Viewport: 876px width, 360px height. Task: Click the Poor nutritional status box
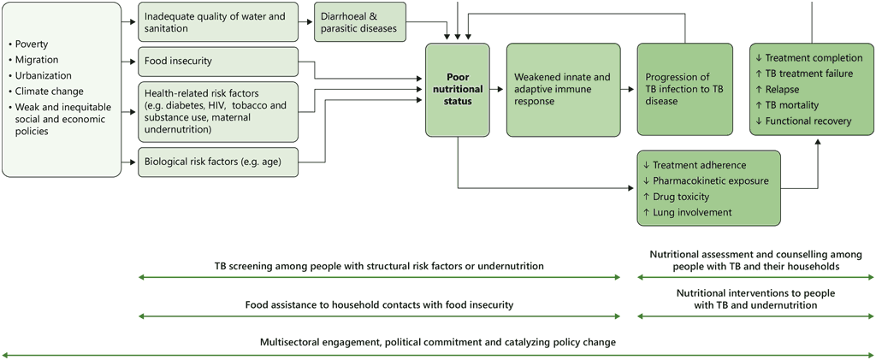pos(457,89)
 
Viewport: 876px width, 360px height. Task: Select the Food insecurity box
pos(217,62)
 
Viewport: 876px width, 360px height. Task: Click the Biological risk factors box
pos(217,161)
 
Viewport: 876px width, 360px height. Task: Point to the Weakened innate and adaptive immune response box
pos(562,89)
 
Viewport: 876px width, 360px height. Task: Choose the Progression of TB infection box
pos(684,89)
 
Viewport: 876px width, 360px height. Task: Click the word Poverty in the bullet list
pos(32,44)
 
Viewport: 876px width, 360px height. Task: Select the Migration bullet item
pos(37,60)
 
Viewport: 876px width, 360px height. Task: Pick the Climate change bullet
pos(49,91)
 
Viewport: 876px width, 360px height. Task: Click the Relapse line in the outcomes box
pos(783,89)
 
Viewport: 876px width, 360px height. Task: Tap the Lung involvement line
pos(688,212)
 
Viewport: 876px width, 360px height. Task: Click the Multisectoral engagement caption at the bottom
pos(437,342)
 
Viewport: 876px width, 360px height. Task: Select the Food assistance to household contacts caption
pos(379,304)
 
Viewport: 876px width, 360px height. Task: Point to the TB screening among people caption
pos(379,266)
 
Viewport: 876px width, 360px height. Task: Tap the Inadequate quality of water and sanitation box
pos(217,22)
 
